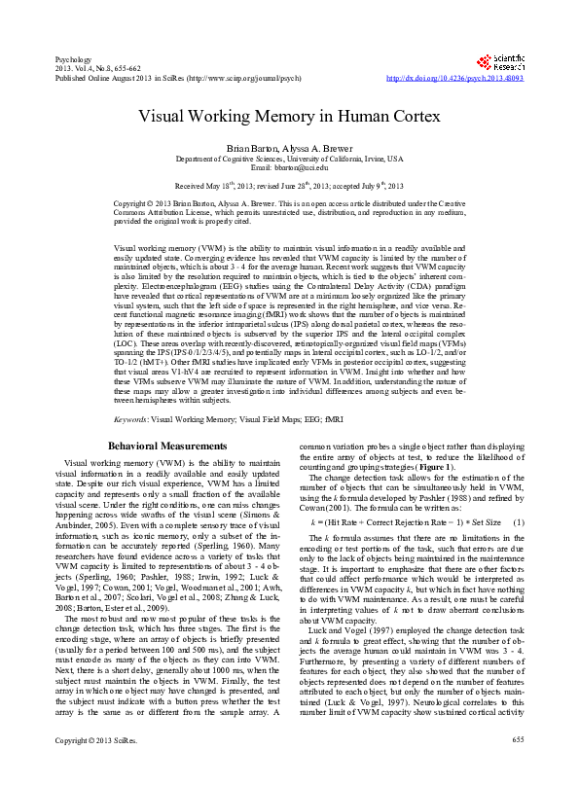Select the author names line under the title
(x=289, y=147)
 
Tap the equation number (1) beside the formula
(x=520, y=521)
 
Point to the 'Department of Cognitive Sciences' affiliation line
(x=289, y=158)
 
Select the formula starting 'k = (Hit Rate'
(x=405, y=521)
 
